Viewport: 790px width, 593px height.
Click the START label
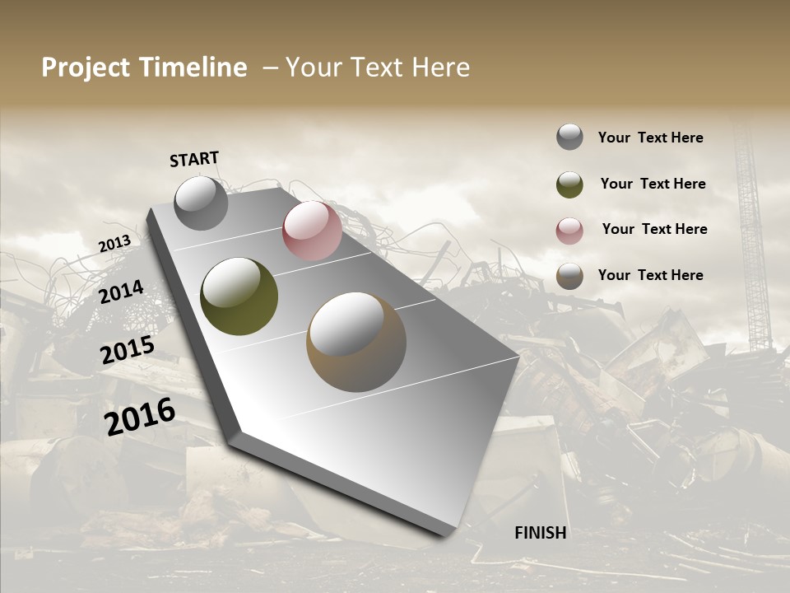tap(194, 158)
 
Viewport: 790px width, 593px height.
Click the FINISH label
tap(541, 533)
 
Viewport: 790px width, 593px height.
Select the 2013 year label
tap(114, 244)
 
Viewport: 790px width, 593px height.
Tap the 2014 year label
tap(121, 292)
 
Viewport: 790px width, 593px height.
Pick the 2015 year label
tap(128, 350)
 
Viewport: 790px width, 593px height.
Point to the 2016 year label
tap(140, 417)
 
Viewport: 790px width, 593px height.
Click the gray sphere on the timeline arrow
tap(201, 203)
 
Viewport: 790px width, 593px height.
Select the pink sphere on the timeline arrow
tap(312, 231)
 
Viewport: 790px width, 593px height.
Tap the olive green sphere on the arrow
tap(239, 296)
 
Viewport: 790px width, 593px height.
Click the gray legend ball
tap(569, 137)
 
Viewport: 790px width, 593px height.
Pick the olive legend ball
tap(569, 184)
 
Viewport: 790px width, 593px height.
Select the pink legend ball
tap(569, 230)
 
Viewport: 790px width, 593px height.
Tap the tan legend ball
tap(569, 276)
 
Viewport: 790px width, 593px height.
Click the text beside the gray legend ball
tap(650, 138)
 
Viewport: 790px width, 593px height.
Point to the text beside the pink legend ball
tap(654, 229)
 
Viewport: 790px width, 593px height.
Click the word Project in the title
tap(85, 68)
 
